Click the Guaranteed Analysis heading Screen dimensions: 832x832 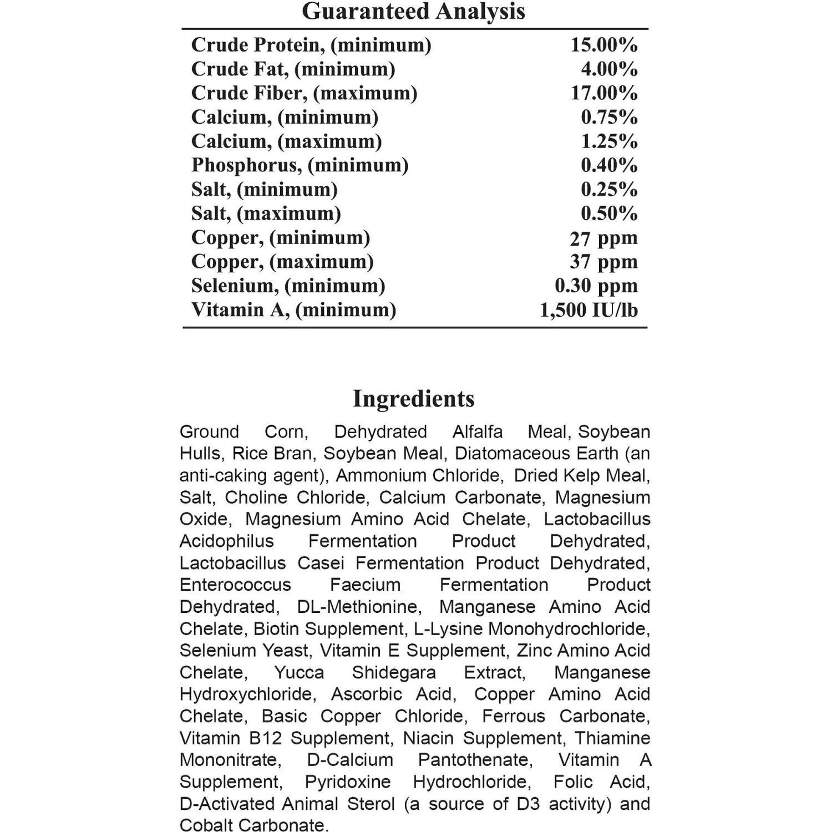[413, 12]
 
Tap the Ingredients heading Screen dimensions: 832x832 [413, 399]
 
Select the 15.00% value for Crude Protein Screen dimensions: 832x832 [604, 45]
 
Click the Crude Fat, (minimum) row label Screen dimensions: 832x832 [293, 69]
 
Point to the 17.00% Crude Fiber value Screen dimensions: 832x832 [604, 93]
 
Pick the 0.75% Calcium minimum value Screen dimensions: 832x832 [609, 117]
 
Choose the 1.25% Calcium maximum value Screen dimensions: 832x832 [609, 141]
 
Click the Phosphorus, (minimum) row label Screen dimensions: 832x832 [300, 165]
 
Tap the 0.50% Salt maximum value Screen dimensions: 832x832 [609, 214]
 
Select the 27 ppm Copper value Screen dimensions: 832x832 [603, 239]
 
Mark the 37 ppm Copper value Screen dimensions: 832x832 [603, 262]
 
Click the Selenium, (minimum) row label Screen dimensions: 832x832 [288, 286]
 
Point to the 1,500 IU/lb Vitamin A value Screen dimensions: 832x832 [589, 310]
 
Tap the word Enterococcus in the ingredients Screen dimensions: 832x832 [235, 585]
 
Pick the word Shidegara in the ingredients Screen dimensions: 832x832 [394, 672]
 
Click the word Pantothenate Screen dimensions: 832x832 [475, 760]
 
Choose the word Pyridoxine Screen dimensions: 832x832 [348, 782]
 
